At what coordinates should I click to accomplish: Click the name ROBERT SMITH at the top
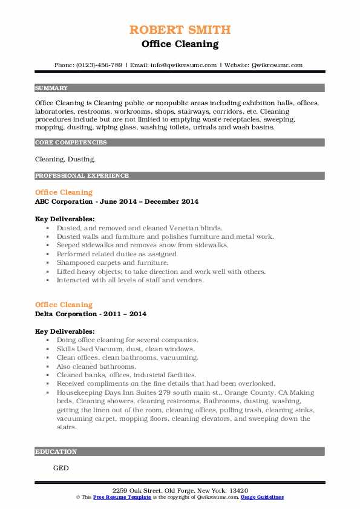pyautogui.click(x=180, y=30)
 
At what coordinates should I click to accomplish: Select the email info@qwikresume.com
pyautogui.click(x=185, y=65)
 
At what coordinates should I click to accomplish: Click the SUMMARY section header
pyautogui.click(x=51, y=88)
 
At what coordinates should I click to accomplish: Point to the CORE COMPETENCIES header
pyautogui.click(x=71, y=143)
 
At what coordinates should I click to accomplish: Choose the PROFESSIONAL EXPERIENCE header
pyautogui.click(x=82, y=176)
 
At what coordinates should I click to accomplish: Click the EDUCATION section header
pyautogui.click(x=56, y=452)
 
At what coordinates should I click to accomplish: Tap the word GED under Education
pyautogui.click(x=61, y=468)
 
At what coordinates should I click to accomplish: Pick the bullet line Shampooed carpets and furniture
pyautogui.click(x=112, y=263)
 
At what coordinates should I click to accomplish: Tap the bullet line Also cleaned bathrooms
pyautogui.click(x=96, y=366)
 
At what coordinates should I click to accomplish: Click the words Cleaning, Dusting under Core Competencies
pyautogui.click(x=65, y=160)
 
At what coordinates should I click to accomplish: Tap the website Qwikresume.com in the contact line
pyautogui.click(x=277, y=65)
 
